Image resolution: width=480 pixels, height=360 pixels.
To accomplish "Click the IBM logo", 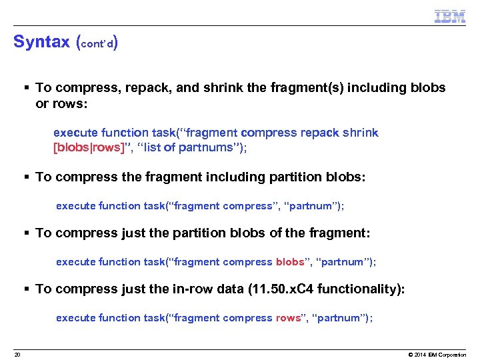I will pyautogui.click(x=449, y=16).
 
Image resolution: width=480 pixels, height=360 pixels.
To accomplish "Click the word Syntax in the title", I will pyautogui.click(x=41, y=42).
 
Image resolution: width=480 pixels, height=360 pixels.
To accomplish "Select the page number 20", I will pyautogui.click(x=17, y=354).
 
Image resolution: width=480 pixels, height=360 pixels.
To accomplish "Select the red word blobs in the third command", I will pyautogui.click(x=290, y=262).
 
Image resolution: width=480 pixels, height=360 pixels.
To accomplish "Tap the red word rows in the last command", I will pyautogui.click(x=288, y=318).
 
